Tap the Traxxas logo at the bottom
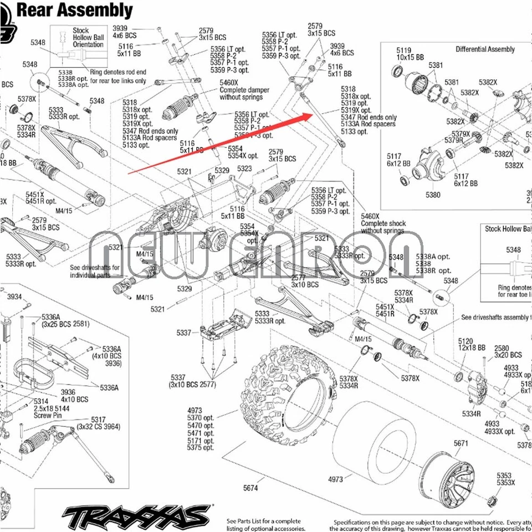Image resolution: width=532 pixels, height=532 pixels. click(x=136, y=516)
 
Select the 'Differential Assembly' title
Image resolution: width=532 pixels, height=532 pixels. click(x=485, y=49)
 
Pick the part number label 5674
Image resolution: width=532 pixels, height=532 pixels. click(x=250, y=488)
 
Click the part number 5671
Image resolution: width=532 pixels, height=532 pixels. click(x=461, y=443)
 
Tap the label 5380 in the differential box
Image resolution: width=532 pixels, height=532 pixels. click(x=433, y=195)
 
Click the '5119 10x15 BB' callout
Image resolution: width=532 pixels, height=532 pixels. click(x=410, y=53)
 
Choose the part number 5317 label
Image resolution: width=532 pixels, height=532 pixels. click(x=98, y=420)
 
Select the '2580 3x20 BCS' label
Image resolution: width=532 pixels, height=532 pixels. click(x=508, y=351)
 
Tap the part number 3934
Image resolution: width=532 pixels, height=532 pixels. click(x=14, y=297)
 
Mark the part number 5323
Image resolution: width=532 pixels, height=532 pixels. click(x=244, y=168)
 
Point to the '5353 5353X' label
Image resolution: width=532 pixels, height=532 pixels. click(x=505, y=479)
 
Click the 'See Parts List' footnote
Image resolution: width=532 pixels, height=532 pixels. click(x=264, y=524)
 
